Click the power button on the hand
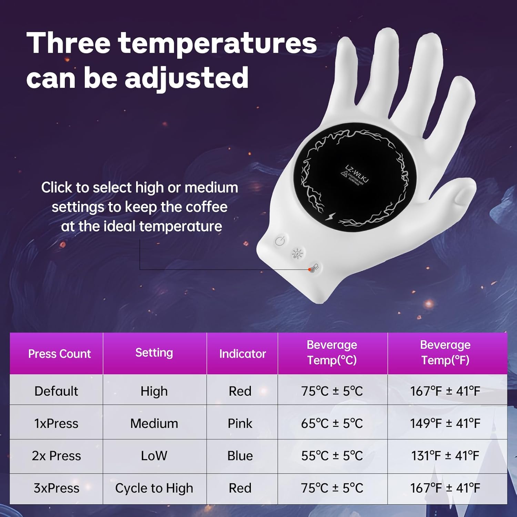(x=280, y=241)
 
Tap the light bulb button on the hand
(x=297, y=254)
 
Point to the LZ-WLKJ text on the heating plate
(x=357, y=174)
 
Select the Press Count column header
(x=59, y=354)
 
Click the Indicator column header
(x=242, y=354)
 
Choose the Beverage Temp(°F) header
(x=445, y=352)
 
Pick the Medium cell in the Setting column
(x=154, y=423)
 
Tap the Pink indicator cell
(x=240, y=423)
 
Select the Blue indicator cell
(x=240, y=456)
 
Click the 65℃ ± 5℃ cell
(x=332, y=423)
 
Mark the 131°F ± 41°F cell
(x=445, y=456)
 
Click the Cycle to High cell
(x=154, y=488)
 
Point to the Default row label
(x=56, y=391)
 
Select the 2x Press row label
(x=56, y=456)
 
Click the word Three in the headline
(x=68, y=43)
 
